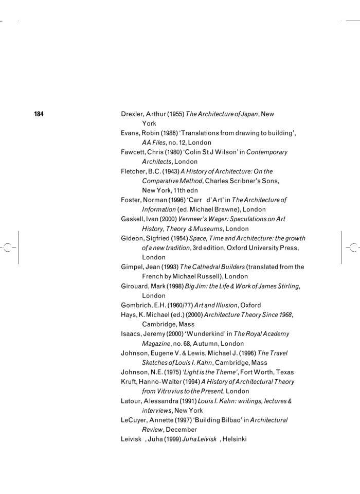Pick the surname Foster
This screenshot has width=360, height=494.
point(131,200)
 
